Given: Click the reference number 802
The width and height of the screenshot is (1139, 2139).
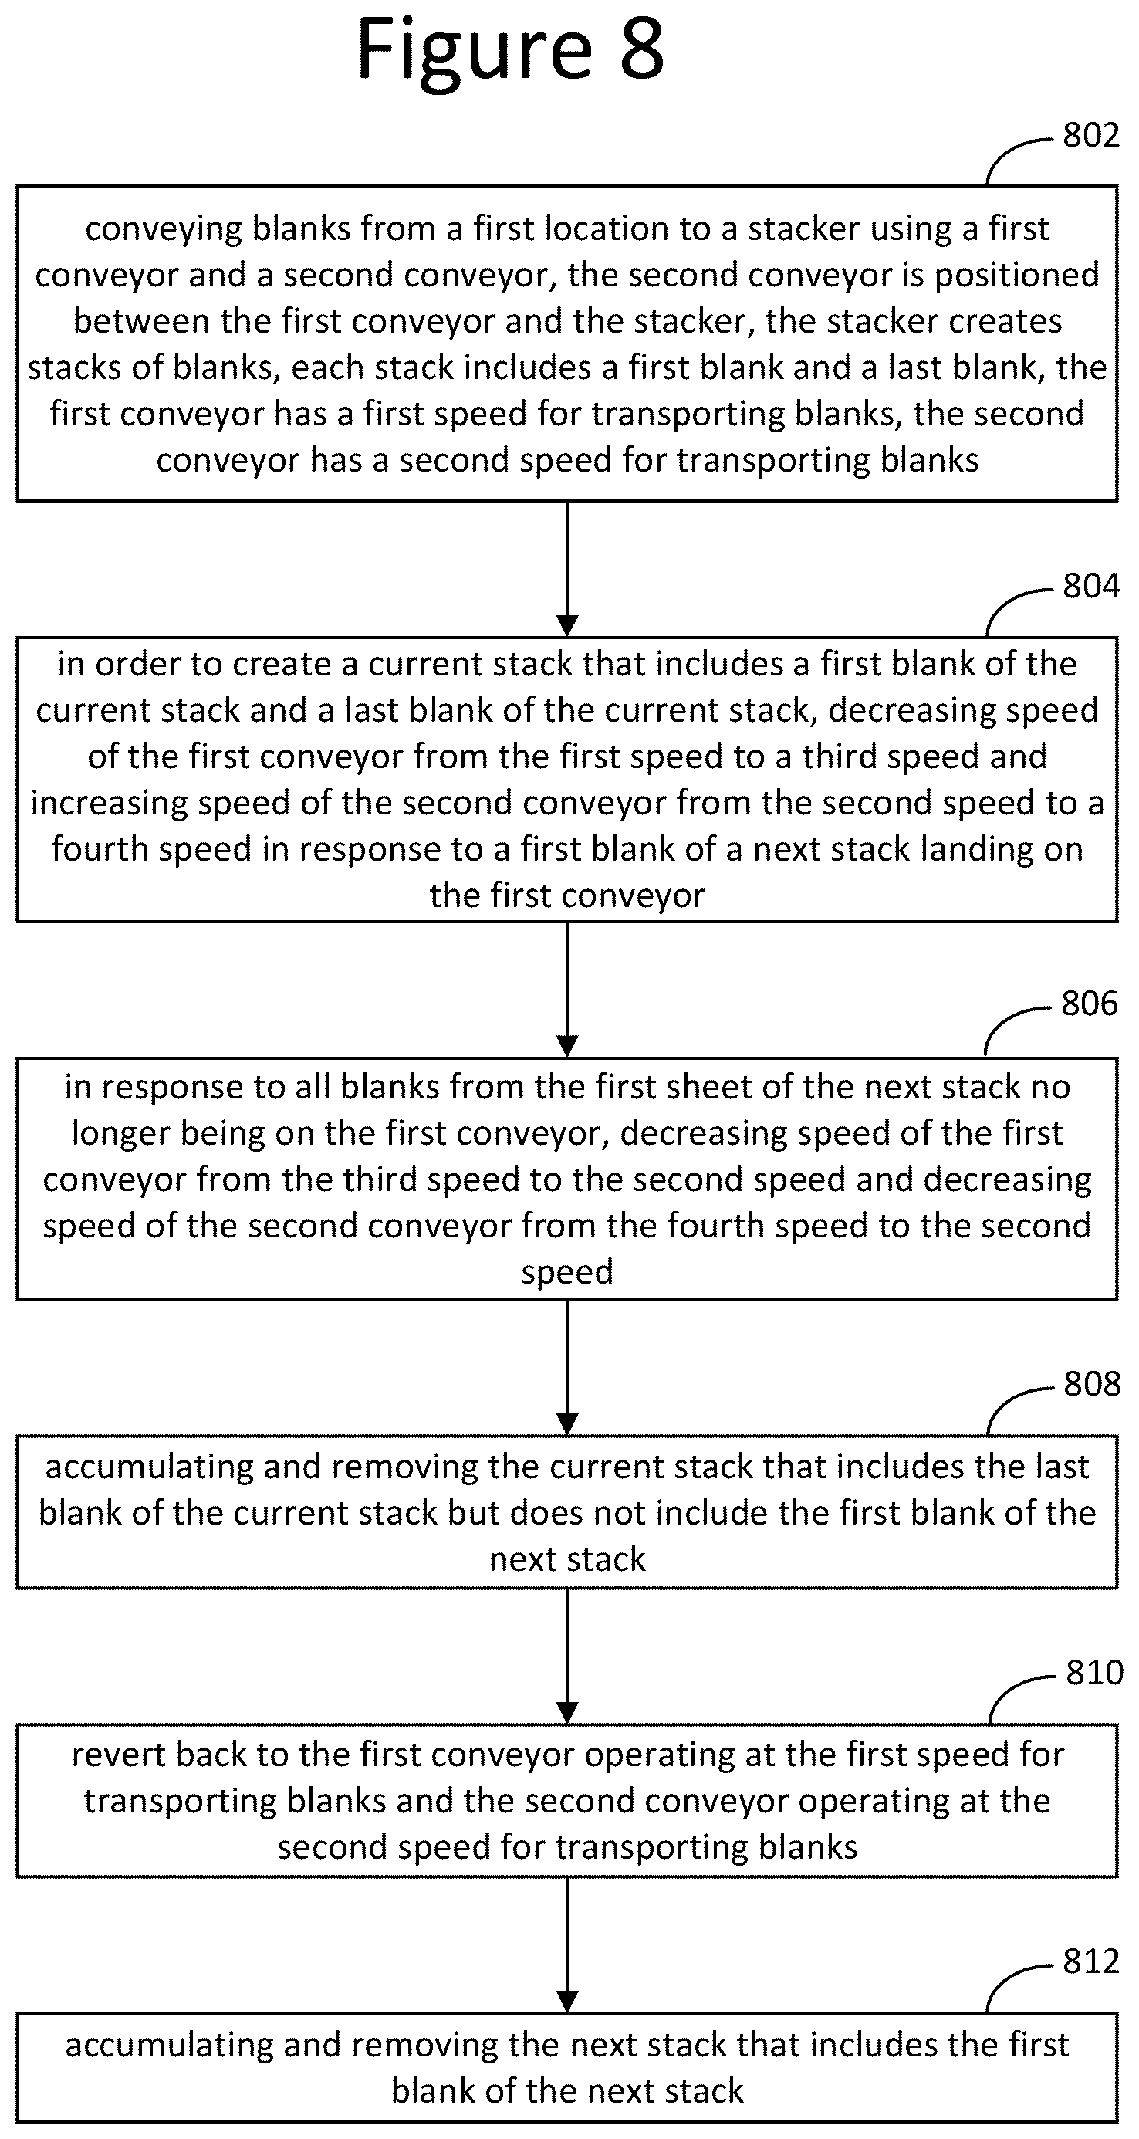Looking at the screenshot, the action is (1091, 135).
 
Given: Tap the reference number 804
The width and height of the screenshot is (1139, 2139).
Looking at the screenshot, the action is (1091, 586).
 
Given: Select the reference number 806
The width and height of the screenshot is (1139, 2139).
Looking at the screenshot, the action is (1089, 1004).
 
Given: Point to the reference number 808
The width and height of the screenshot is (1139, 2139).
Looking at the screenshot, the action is (1092, 1384).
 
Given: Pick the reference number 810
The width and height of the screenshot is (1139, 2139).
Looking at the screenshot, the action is (1094, 1672).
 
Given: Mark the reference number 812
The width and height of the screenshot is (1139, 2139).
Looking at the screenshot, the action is (1091, 1961).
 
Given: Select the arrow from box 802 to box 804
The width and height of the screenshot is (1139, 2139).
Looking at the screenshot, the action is (567, 569).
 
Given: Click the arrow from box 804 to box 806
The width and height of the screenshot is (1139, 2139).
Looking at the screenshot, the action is (567, 989).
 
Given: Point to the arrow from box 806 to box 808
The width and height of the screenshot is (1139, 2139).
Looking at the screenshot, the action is (567, 1368).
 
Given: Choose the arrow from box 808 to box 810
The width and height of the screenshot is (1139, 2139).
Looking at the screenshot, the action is (567, 1657).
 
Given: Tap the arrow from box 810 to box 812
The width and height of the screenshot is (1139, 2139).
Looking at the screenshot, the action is (567, 1945).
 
